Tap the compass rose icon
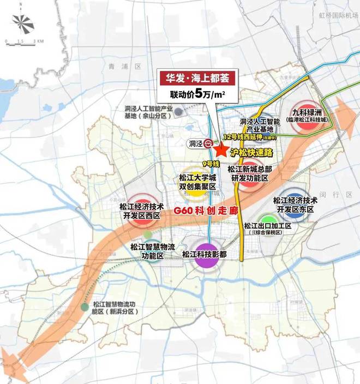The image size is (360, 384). point(22,24)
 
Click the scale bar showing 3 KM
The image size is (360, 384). point(22,41)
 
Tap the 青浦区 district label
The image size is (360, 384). point(117,67)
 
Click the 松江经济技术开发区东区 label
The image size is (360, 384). point(295,205)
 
